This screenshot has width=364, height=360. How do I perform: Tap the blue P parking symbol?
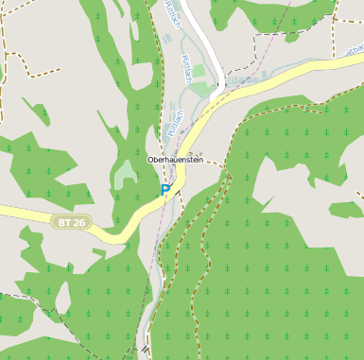point(165,190)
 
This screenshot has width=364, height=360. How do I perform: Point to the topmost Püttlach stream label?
point(172,13)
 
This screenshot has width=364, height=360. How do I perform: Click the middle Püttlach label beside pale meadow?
point(186,68)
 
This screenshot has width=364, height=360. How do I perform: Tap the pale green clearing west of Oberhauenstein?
point(126,174)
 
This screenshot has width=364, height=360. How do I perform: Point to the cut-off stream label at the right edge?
point(356,72)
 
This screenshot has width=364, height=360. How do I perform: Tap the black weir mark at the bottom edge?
point(146,350)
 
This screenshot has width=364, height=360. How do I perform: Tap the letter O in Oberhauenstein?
point(151,161)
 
